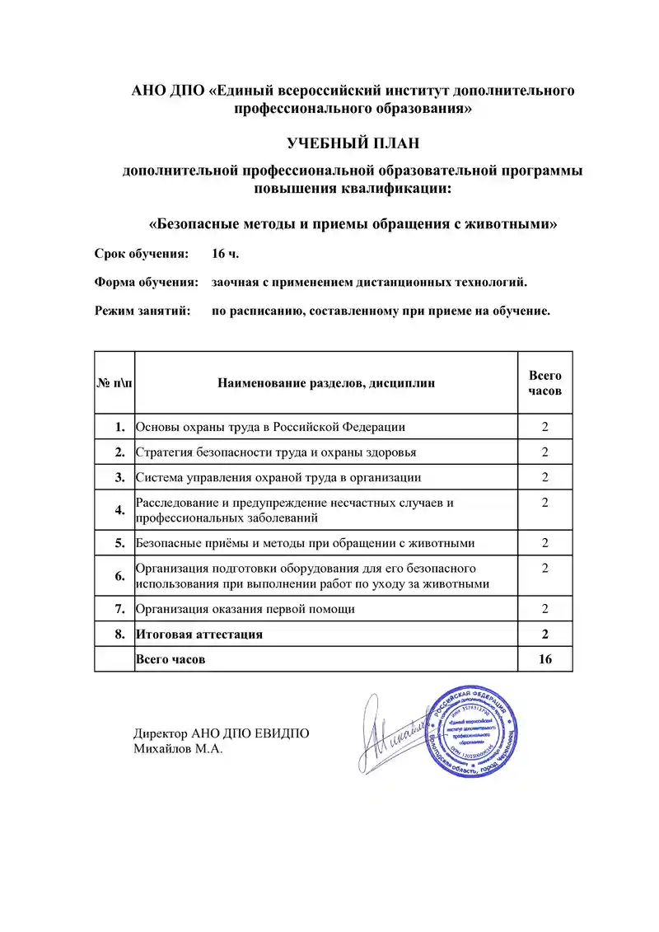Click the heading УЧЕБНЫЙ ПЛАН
pos(353,143)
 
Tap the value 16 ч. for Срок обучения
pos(226,253)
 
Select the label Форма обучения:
pos(147,282)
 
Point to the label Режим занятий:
pos(142,311)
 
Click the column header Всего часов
pos(544,382)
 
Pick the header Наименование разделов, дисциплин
pos(326,382)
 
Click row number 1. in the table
pos(120,426)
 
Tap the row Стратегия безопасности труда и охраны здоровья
pos(276,452)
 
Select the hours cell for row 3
pos(544,477)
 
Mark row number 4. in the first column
pos(120,509)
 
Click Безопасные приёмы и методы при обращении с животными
pos(305,542)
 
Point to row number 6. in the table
pos(120,576)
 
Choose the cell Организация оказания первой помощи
pos(245,609)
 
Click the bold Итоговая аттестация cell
pos(199,634)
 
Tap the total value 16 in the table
pos(544,659)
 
